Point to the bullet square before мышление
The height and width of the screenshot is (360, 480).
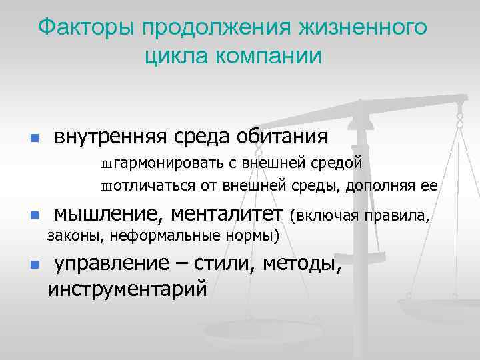pyautogui.click(x=34, y=216)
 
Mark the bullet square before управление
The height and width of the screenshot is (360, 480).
pyautogui.click(x=34, y=265)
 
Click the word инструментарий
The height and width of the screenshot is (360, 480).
pyautogui.click(x=127, y=289)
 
